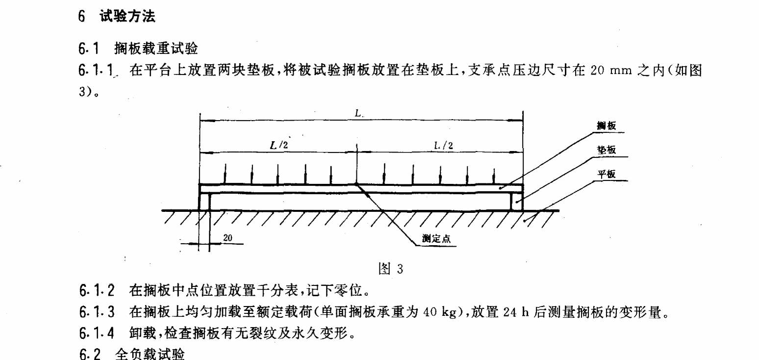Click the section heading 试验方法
point(127,17)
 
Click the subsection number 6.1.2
point(97,290)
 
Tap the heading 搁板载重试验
point(156,49)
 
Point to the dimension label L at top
point(358,113)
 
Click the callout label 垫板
point(606,150)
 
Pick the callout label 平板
point(606,174)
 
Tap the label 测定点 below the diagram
point(436,240)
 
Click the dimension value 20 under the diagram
point(228,238)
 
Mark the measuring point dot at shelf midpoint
point(357,185)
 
